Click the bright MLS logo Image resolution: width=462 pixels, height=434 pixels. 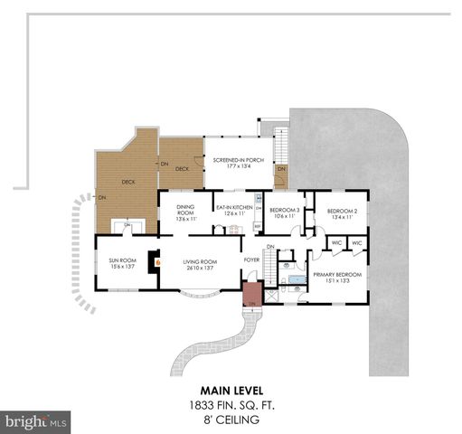[36, 421]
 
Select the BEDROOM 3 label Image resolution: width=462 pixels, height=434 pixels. [285, 210]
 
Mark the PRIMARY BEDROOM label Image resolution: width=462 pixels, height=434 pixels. [337, 274]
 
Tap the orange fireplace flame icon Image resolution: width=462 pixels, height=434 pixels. [157, 261]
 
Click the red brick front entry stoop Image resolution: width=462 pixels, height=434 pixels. [251, 294]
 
